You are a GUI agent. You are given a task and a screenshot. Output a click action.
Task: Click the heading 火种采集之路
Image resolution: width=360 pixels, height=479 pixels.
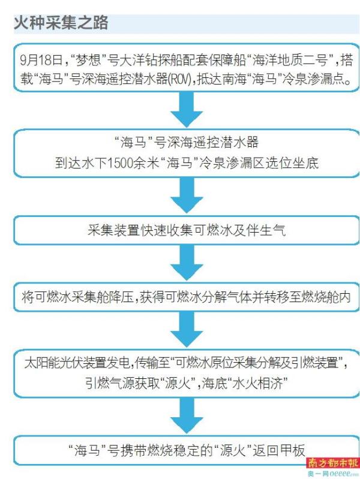(x=61, y=23)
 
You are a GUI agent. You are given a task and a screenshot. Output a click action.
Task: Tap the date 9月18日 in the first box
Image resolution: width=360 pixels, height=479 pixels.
(x=41, y=59)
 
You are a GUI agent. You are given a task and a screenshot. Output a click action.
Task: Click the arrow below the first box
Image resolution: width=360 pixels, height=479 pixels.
(x=187, y=109)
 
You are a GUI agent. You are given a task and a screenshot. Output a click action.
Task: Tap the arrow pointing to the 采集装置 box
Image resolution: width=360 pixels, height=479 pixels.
(x=187, y=195)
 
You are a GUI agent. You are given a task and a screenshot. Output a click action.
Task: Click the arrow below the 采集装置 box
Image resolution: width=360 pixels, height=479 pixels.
(x=187, y=263)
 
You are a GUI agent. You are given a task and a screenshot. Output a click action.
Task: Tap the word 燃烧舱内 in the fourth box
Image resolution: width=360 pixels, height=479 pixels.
(x=325, y=297)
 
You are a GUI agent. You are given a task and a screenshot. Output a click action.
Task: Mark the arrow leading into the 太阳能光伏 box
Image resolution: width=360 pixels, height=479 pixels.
(x=187, y=329)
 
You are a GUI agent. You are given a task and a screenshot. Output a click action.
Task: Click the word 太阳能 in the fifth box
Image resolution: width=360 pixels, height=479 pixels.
(x=42, y=363)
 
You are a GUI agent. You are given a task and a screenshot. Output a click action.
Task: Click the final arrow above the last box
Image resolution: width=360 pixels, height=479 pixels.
(x=187, y=415)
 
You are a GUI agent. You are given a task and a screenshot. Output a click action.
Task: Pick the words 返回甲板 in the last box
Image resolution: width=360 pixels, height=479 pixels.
(x=278, y=450)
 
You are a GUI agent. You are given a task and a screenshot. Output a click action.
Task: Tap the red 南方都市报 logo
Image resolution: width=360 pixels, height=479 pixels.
(x=333, y=463)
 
